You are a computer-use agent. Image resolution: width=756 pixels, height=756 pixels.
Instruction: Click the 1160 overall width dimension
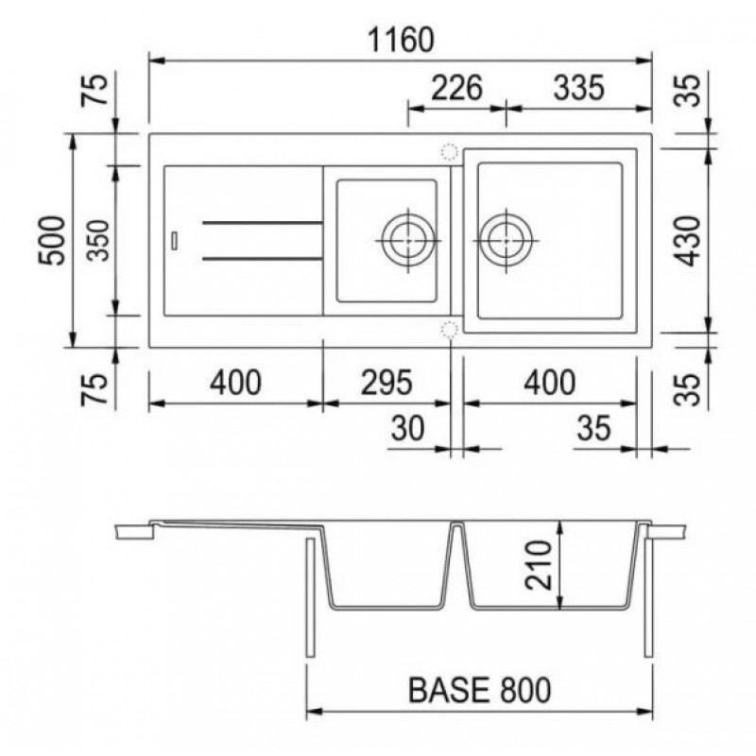pyautogui.click(x=401, y=40)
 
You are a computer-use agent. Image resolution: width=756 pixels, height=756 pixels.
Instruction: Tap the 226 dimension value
pyautogui.click(x=456, y=88)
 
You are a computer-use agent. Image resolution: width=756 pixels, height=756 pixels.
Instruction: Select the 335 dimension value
pyautogui.click(x=578, y=88)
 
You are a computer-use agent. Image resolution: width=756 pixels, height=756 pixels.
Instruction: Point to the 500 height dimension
pyautogui.click(x=52, y=241)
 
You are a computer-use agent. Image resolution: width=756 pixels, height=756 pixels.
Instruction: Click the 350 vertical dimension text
pyautogui.click(x=100, y=241)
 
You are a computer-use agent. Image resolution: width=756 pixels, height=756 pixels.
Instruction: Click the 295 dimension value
pyautogui.click(x=387, y=383)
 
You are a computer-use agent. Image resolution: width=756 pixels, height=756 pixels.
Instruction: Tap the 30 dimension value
pyautogui.click(x=408, y=428)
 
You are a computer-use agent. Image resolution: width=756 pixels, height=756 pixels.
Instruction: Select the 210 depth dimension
pyautogui.click(x=538, y=565)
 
